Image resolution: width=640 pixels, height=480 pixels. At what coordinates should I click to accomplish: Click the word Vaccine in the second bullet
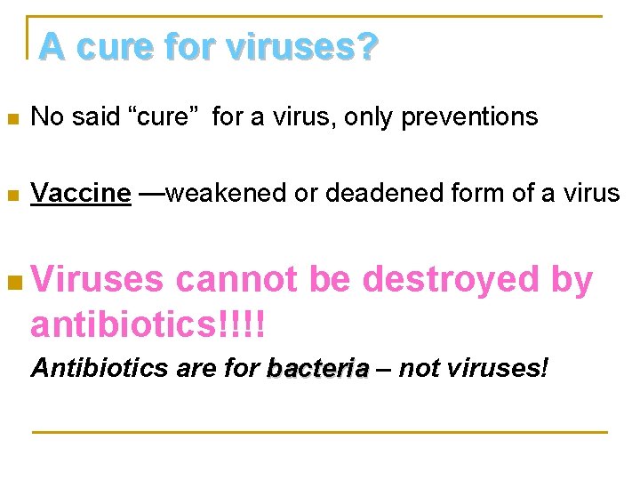81,193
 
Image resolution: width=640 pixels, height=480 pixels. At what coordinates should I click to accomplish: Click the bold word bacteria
318,368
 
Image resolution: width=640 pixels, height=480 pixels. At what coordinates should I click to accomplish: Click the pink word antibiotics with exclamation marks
148,324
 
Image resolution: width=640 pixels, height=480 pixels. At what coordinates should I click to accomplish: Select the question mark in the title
366,46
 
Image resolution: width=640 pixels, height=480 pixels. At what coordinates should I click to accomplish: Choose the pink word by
572,280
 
